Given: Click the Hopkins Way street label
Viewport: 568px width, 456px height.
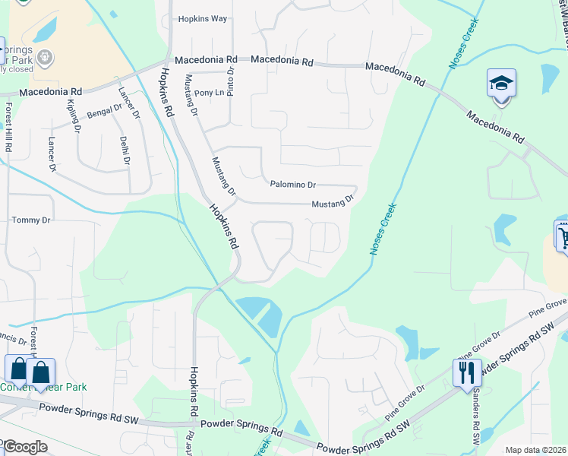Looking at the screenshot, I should point(202,20).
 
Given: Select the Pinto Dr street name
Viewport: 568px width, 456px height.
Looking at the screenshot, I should point(230,79).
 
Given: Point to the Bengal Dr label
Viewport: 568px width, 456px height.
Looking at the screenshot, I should point(104,112).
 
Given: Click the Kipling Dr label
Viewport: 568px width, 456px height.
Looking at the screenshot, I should point(74,116).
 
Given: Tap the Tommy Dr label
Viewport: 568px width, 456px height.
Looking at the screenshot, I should point(30,220).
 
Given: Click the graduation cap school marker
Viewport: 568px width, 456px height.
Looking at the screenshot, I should point(501,84).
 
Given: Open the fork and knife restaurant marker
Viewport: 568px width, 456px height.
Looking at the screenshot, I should point(466,372).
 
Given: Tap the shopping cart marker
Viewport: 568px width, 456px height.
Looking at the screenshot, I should point(563,237).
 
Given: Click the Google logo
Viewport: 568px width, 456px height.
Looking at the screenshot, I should point(24,447).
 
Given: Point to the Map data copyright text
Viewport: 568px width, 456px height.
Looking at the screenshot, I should point(535,450).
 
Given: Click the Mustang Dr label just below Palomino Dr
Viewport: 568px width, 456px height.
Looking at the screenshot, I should point(333,202).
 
